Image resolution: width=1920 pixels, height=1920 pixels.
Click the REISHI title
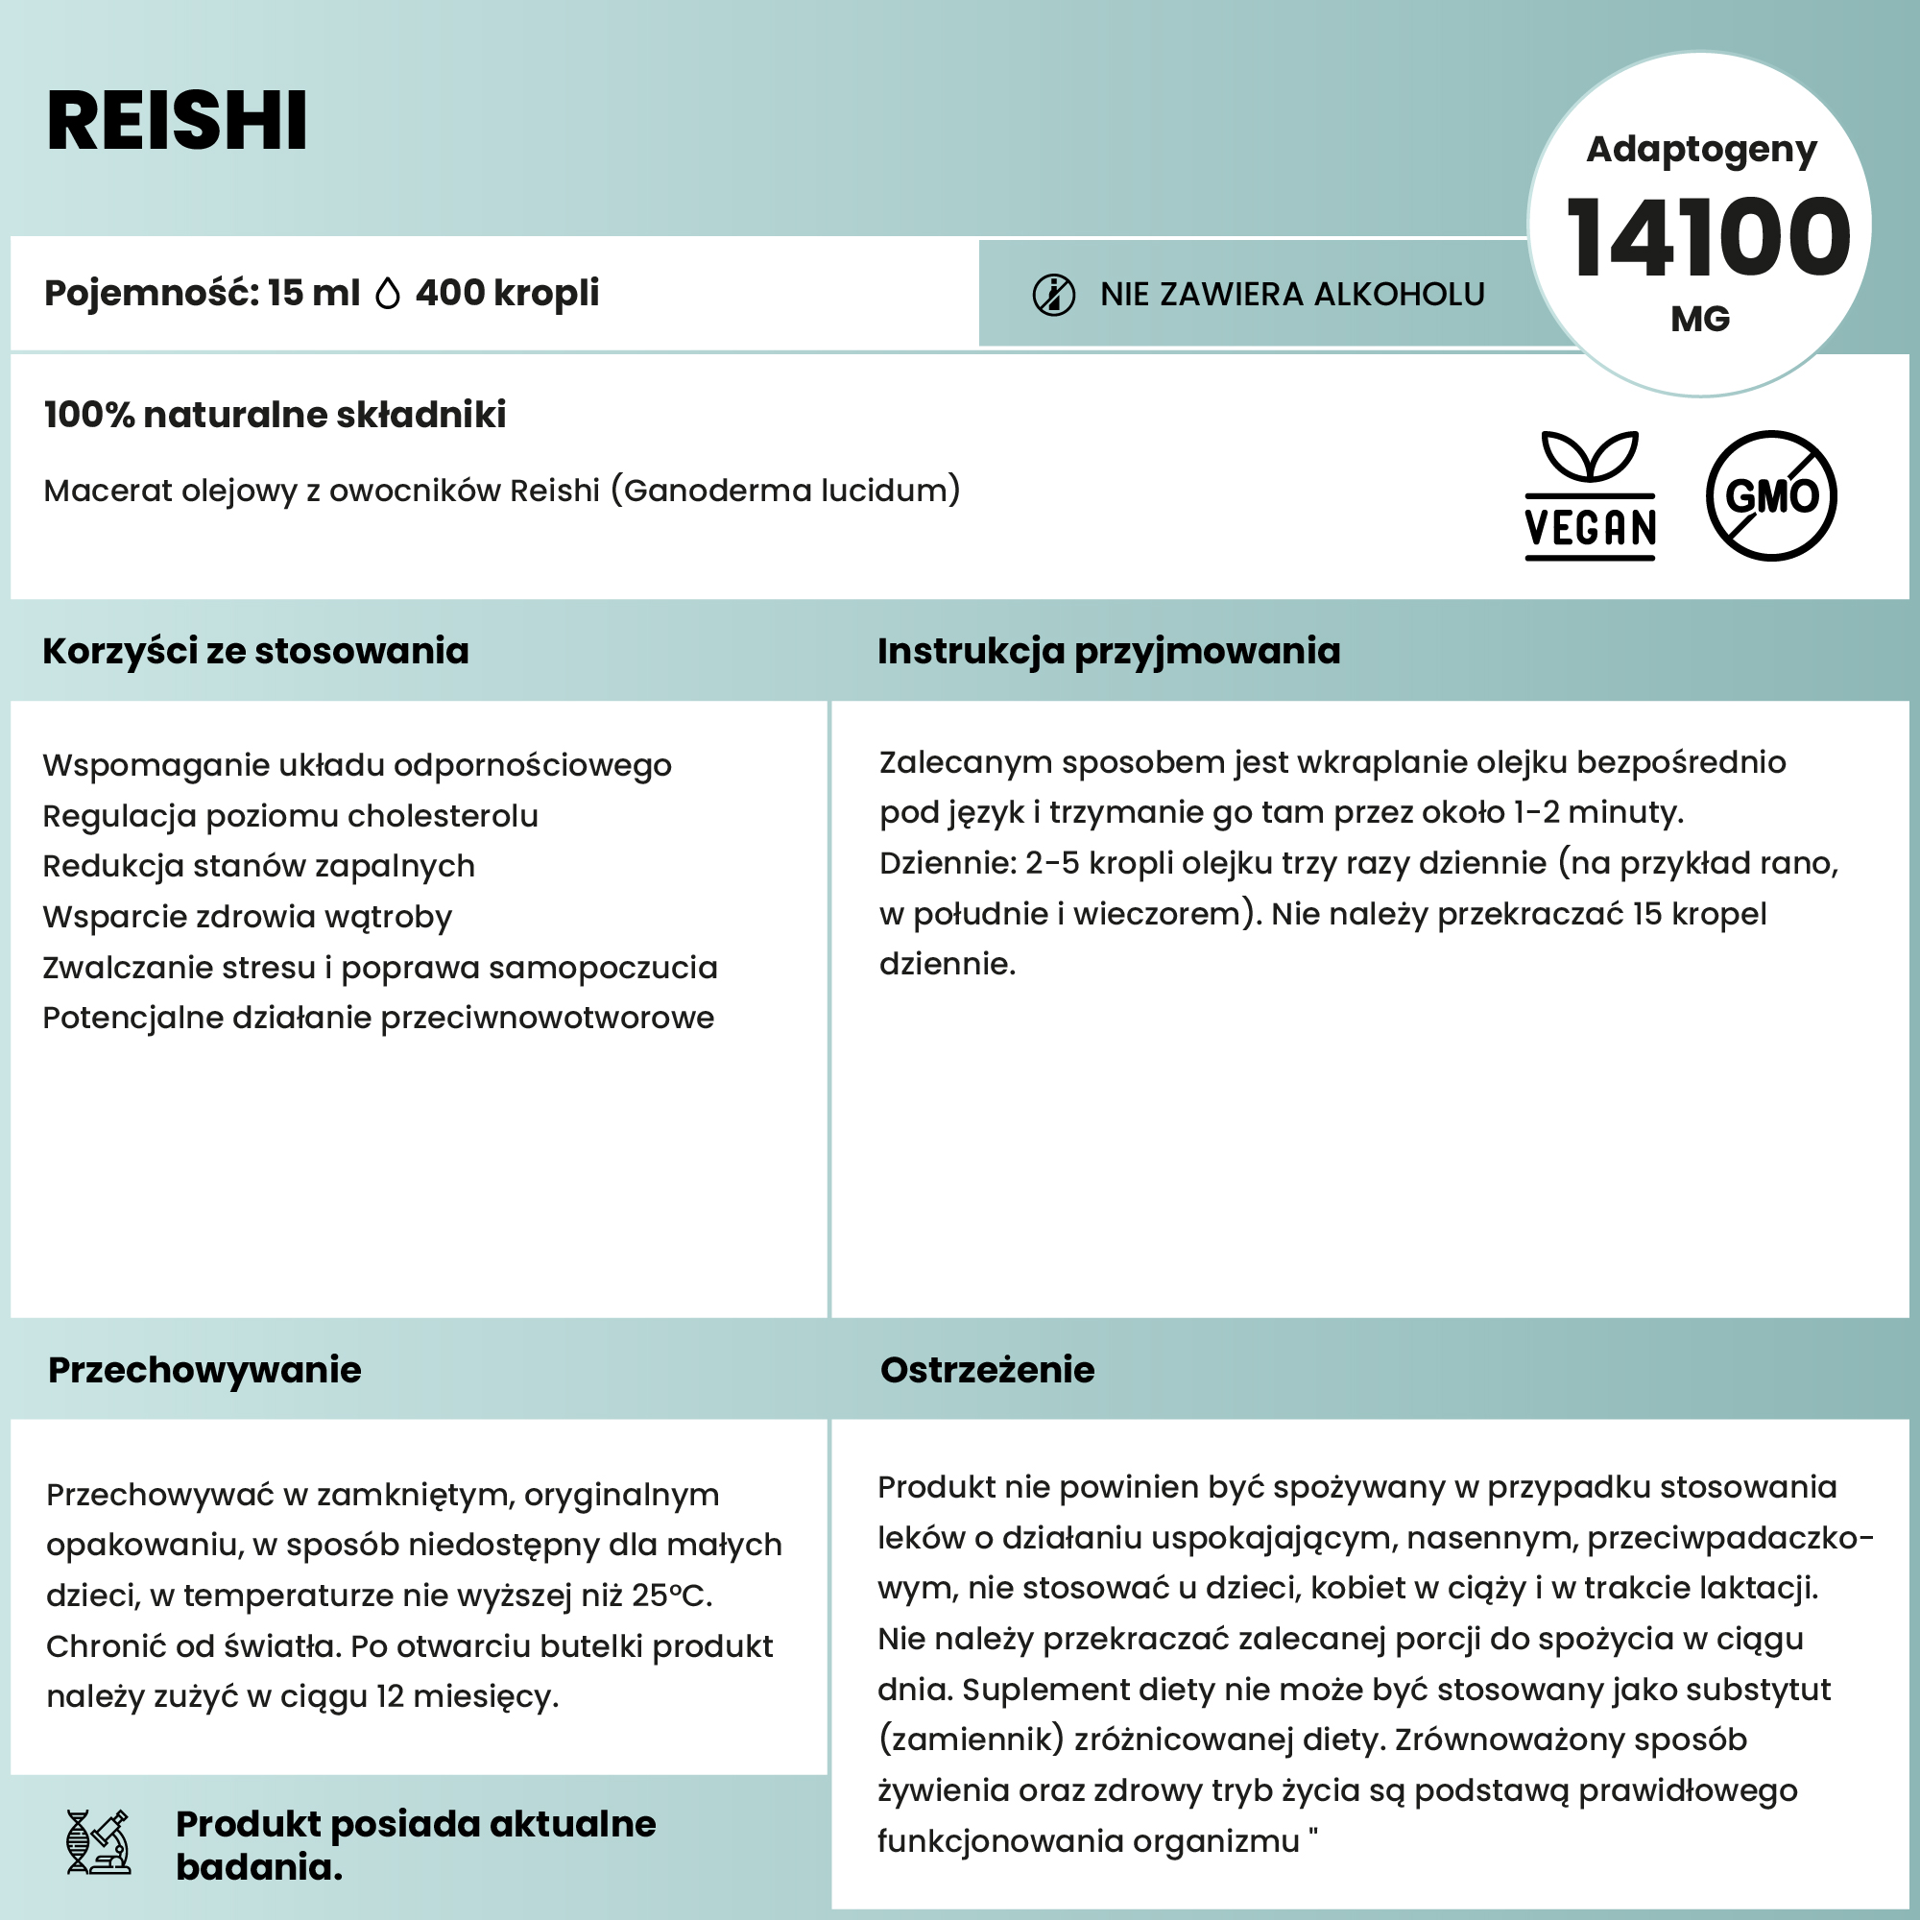[177, 121]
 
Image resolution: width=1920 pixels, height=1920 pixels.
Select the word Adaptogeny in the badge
[1701, 149]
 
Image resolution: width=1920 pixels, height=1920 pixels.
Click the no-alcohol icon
[1053, 295]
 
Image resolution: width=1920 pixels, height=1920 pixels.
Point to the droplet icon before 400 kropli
[388, 293]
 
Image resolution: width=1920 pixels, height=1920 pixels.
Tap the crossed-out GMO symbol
[1771, 495]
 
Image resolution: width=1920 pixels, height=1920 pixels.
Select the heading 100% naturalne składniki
[275, 415]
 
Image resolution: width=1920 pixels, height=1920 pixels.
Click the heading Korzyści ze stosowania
[255, 651]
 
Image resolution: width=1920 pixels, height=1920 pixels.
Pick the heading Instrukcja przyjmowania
[1108, 651]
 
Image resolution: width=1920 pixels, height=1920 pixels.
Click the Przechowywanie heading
[204, 1370]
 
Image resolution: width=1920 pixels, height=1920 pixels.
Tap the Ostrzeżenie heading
[987, 1370]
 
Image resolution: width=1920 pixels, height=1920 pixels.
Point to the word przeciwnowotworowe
[546, 1018]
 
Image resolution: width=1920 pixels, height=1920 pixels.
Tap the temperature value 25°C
[671, 1595]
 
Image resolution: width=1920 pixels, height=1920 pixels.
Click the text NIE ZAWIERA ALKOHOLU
[1292, 294]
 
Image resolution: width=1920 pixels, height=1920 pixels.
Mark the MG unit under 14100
[1700, 319]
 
